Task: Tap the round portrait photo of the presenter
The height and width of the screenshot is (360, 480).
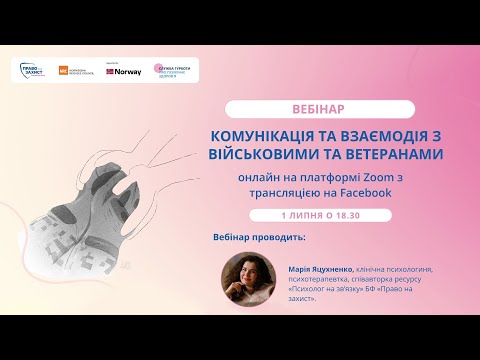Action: [x=246, y=281]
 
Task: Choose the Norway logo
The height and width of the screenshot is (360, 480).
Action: [x=124, y=71]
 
